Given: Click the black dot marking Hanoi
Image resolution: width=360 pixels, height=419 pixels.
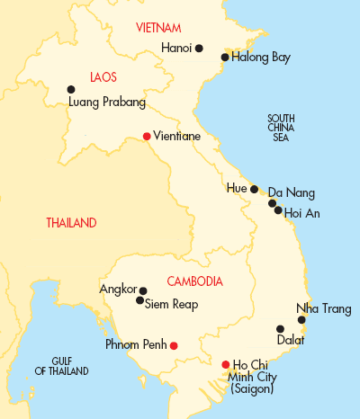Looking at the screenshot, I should [199, 48].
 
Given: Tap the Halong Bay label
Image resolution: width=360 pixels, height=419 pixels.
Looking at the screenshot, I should [261, 58].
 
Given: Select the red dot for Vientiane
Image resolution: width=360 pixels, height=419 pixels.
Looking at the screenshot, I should [147, 136].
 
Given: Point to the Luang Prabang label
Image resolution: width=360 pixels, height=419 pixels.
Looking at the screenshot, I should [107, 103].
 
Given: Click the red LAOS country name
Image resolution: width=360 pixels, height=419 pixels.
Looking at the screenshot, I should [104, 77].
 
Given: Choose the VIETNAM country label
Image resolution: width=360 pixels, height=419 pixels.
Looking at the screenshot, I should [159, 28].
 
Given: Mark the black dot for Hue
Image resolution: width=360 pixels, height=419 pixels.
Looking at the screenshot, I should [255, 189].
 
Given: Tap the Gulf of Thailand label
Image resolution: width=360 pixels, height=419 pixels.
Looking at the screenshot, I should [61, 365].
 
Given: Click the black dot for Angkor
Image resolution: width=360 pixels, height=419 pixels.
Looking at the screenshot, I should [143, 290].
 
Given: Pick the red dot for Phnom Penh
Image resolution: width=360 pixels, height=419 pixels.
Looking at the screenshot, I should [174, 345].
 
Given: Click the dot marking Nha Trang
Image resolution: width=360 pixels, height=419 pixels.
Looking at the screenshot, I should [301, 320].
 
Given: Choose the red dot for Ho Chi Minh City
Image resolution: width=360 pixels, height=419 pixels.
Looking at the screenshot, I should [225, 364].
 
